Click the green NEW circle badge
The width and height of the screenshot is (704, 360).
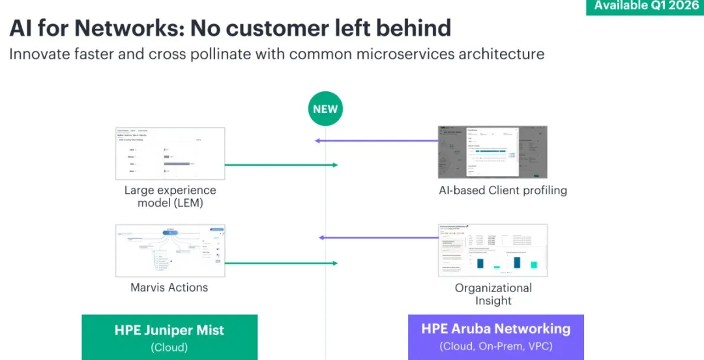(325, 108)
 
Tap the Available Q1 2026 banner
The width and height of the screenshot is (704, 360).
(645, 7)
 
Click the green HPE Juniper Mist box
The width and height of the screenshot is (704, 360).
(169, 337)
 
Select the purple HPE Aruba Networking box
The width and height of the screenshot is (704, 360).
(495, 337)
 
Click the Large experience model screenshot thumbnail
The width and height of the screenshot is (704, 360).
(170, 153)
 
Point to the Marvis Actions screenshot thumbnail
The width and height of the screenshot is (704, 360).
(170, 250)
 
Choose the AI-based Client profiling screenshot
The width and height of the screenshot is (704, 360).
(493, 152)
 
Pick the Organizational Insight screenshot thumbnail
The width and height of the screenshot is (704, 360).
(493, 250)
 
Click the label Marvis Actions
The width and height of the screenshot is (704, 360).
(169, 287)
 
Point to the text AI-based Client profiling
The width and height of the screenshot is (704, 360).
(503, 190)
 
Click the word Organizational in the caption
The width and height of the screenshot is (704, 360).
(493, 288)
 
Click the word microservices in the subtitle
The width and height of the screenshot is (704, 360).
(392, 53)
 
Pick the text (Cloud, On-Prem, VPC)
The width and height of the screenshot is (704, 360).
(495, 346)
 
